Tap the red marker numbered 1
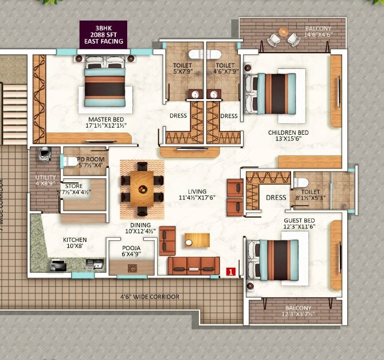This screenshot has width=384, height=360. [231, 272]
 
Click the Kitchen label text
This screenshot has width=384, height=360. [75, 242]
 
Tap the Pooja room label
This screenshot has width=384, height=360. [131, 251]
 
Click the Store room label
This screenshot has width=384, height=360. [74, 189]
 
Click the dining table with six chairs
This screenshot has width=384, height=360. [142, 187]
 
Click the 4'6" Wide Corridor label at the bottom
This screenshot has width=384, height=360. [150, 297]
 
